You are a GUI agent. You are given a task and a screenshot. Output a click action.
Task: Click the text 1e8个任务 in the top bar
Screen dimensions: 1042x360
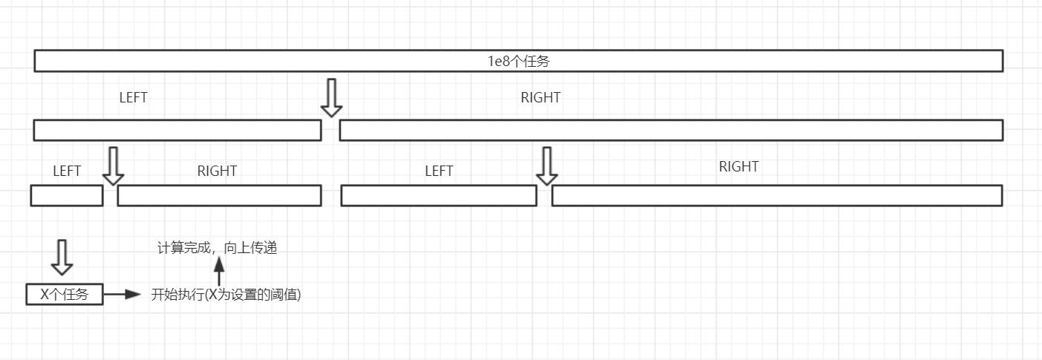pos(518,62)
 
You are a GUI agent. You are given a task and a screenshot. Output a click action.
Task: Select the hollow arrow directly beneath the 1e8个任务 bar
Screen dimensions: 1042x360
pos(331,97)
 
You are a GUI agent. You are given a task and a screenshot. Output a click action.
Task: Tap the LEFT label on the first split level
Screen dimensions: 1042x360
pos(134,97)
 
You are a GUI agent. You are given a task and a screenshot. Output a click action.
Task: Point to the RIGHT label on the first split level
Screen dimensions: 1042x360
pos(540,97)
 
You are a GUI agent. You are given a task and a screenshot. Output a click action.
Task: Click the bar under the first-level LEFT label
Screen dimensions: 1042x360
pos(178,130)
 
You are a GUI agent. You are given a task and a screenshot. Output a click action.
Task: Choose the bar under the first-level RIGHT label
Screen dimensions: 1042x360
pos(671,130)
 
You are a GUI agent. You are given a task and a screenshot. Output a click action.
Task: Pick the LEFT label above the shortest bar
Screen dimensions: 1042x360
pos(67,171)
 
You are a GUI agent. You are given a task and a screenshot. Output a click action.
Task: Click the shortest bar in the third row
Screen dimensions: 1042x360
pos(67,195)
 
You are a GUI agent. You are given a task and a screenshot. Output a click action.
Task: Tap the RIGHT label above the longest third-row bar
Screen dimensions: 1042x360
pos(738,167)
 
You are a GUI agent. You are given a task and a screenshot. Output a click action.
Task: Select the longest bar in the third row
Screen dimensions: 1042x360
pos(777,195)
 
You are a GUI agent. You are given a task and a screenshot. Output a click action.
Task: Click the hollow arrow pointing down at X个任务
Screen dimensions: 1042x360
pos(62,257)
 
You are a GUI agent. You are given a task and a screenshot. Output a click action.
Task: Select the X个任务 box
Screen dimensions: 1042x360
pos(64,294)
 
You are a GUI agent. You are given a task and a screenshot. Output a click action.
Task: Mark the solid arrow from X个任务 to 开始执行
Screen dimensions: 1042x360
pos(122,294)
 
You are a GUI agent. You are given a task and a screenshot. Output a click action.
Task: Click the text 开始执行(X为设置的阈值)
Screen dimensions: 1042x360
pos(226,294)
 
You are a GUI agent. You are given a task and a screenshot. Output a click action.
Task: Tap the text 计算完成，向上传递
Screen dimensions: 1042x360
pos(217,249)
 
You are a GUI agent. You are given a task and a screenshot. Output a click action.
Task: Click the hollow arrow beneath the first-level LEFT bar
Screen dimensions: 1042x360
pos(113,166)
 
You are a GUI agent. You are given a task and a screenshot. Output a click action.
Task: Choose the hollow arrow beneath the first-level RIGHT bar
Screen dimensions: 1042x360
pos(547,166)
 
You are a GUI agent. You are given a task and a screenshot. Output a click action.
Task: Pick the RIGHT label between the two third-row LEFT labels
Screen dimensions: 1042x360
pos(217,171)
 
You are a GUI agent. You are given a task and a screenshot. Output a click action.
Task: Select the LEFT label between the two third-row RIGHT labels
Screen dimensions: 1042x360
pos(439,171)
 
